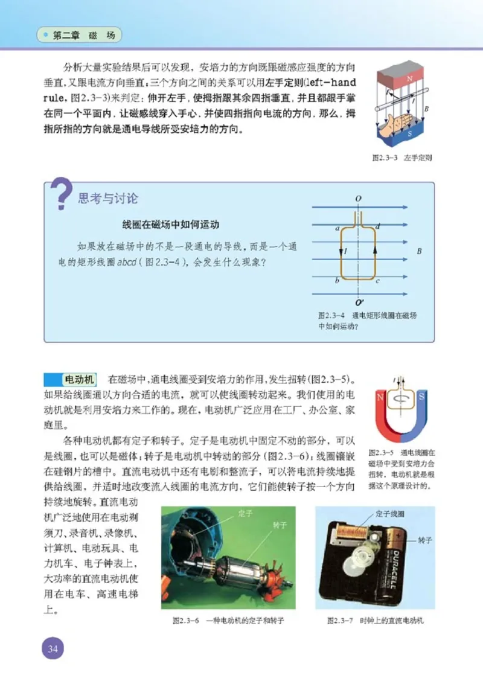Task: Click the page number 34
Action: click(52, 650)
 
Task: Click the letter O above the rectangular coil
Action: click(359, 198)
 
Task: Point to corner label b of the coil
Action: click(337, 281)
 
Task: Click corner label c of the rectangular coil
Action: click(377, 281)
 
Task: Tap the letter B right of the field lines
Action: click(419, 250)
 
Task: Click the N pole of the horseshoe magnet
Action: click(381, 397)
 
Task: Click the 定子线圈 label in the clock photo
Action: click(389, 514)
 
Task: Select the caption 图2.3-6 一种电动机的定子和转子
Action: click(228, 620)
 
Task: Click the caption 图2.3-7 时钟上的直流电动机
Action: click(375, 620)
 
